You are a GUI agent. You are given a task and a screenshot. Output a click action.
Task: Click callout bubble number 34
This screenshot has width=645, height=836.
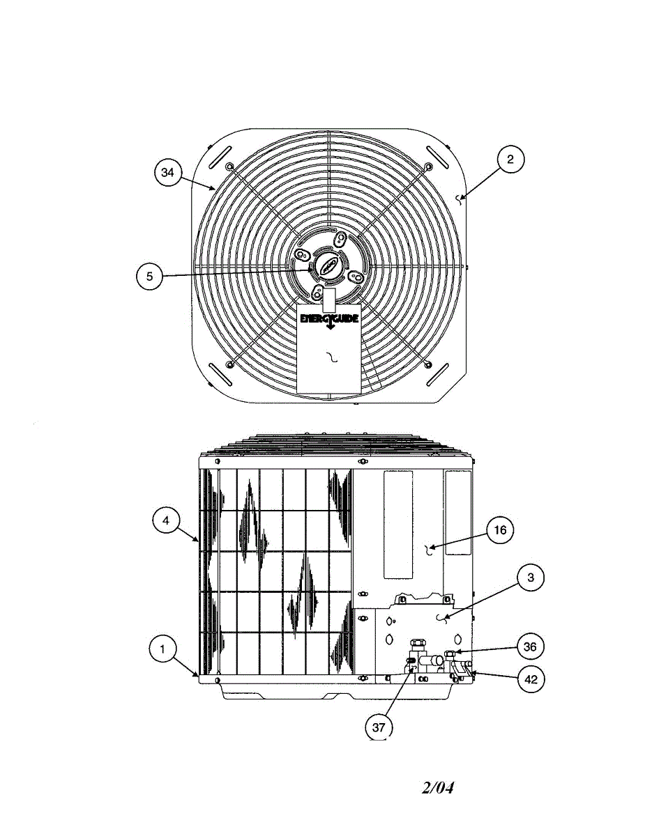pos(167,173)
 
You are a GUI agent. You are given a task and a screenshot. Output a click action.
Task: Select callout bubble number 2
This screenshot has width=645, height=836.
pos(510,160)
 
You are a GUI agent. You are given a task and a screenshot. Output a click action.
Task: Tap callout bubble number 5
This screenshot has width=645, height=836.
pos(149,276)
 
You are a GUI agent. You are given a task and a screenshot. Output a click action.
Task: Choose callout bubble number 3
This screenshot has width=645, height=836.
pos(531,578)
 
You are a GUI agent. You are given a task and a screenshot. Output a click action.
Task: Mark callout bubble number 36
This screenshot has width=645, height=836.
pos(530,647)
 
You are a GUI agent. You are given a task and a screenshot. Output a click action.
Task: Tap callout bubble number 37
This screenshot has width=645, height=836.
pos(379,727)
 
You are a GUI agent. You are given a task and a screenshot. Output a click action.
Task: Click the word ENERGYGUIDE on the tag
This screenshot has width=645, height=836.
pos(328,318)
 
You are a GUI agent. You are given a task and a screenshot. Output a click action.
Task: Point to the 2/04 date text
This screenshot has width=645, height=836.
pos(438,788)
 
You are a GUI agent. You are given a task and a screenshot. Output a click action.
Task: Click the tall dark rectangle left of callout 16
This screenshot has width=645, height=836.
pos(397,524)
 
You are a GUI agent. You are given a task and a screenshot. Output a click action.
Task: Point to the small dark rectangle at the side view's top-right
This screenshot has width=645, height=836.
pos(457,512)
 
